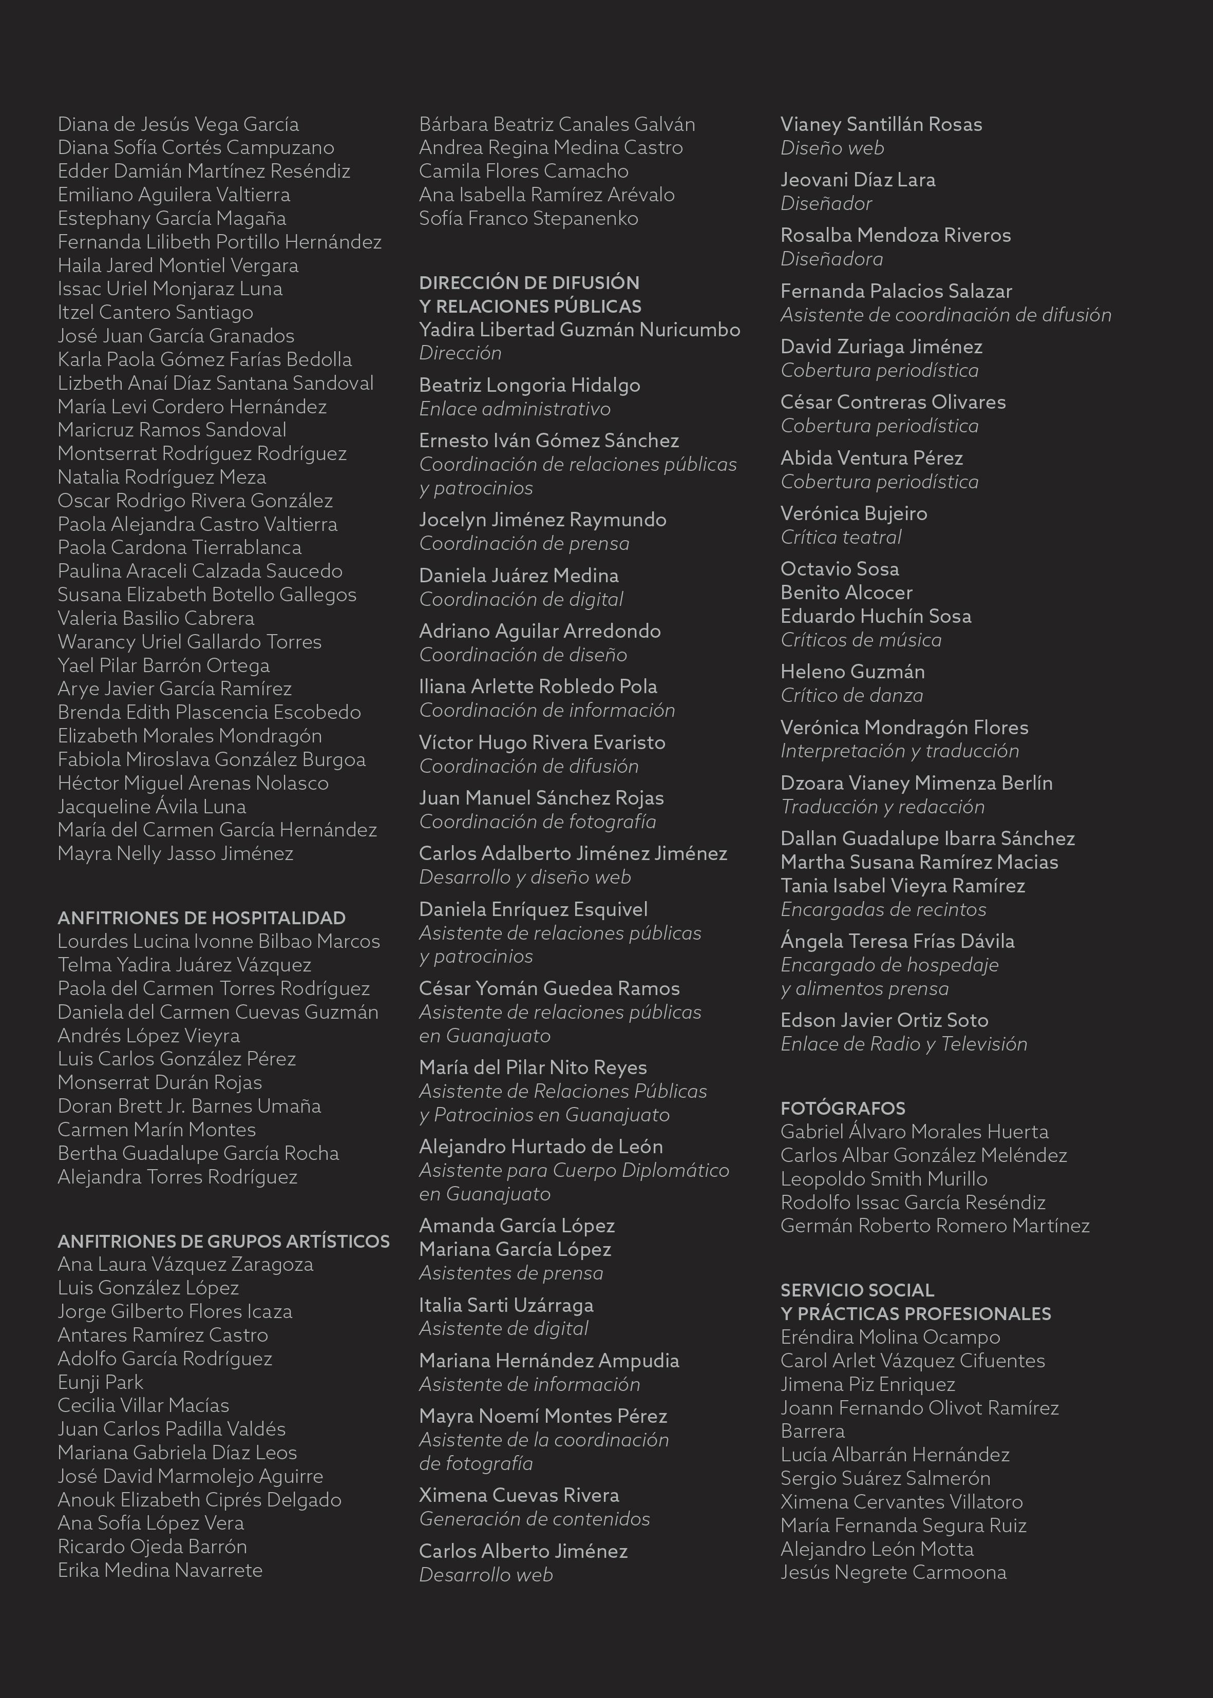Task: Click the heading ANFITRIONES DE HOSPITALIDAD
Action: pyautogui.click(x=202, y=918)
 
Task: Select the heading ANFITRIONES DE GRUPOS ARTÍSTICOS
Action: pyautogui.click(x=223, y=1241)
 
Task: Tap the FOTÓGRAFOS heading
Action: pyautogui.click(x=843, y=1108)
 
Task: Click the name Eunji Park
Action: pyautogui.click(x=100, y=1382)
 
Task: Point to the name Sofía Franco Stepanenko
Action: pyautogui.click(x=528, y=218)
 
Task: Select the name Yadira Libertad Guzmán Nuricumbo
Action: pyautogui.click(x=580, y=329)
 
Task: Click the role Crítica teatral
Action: pyautogui.click(x=840, y=537)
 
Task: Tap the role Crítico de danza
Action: pyautogui.click(x=851, y=695)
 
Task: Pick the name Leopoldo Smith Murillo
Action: pyautogui.click(x=884, y=1179)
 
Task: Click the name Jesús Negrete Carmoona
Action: pyautogui.click(x=894, y=1572)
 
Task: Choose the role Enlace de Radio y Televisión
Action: pyautogui.click(x=904, y=1044)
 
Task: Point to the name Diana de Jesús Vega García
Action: pyautogui.click(x=178, y=124)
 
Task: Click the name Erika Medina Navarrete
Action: pyautogui.click(x=160, y=1570)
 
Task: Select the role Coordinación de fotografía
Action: pyautogui.click(x=537, y=822)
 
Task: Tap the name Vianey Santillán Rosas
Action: pyautogui.click(x=881, y=124)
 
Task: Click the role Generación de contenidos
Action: pyautogui.click(x=534, y=1519)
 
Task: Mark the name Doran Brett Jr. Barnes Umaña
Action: pyautogui.click(x=189, y=1106)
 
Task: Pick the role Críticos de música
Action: pyautogui.click(x=861, y=640)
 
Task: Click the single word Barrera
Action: pyautogui.click(x=812, y=1430)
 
